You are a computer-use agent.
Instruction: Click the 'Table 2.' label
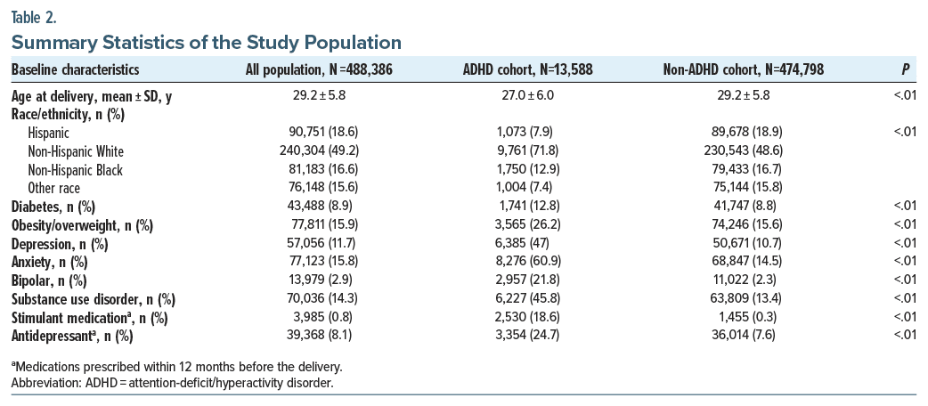tap(34, 19)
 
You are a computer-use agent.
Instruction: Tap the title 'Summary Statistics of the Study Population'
tap(206, 44)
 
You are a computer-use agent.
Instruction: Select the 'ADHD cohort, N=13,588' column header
tap(527, 70)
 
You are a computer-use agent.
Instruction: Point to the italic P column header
tap(905, 70)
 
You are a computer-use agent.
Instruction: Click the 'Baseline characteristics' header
tap(75, 70)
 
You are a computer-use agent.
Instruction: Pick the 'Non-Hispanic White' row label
tap(75, 151)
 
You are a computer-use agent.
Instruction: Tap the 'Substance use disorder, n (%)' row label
tap(94, 299)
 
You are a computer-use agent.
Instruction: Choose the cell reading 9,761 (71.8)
tap(527, 151)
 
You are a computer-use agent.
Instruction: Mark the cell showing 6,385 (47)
tap(527, 244)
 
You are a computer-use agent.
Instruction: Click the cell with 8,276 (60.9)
tap(527, 262)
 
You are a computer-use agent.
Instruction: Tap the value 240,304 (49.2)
tap(319, 151)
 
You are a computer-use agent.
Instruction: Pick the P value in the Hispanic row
tap(905, 134)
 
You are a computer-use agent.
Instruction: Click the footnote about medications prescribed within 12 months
tap(176, 366)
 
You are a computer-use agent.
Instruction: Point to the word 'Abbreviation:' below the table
tap(46, 384)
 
